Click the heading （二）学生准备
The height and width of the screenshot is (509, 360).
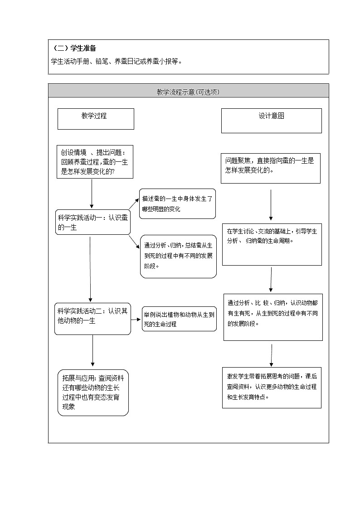[75, 48]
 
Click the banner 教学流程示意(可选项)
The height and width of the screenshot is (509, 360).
[188, 92]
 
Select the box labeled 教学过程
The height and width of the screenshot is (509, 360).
[96, 119]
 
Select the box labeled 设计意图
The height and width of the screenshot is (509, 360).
[271, 121]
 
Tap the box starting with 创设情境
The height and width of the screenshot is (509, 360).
[95, 162]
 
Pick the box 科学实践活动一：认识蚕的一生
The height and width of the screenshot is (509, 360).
[92, 223]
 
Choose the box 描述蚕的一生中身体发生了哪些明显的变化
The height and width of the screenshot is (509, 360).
[177, 204]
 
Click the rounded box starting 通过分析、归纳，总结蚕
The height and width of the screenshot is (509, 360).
[178, 256]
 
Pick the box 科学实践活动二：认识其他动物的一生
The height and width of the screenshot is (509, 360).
[92, 319]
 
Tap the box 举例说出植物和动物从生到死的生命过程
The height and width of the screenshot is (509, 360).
[179, 319]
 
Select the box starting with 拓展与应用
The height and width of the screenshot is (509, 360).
[93, 393]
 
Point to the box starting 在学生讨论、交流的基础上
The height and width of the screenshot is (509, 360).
[272, 244]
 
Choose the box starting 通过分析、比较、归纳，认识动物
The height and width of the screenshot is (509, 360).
[272, 317]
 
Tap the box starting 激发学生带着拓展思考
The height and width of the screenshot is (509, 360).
[272, 387]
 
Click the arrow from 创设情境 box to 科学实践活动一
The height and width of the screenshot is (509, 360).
[92, 194]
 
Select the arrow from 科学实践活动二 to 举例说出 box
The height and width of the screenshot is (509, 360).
[136, 319]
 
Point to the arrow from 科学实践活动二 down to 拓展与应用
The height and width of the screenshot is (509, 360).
[93, 350]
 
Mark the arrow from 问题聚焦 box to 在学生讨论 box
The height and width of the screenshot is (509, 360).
[271, 204]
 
